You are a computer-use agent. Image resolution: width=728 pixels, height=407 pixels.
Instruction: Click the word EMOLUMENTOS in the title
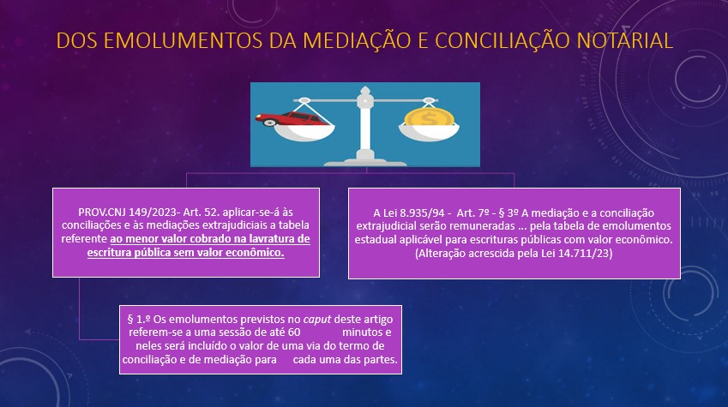(183, 41)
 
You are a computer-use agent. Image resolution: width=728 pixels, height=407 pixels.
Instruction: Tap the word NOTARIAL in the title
(623, 41)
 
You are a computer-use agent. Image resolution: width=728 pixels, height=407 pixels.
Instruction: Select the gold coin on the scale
(429, 117)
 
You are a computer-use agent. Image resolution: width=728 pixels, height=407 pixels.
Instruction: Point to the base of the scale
(365, 162)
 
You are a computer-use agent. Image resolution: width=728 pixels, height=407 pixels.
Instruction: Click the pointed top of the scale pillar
(365, 89)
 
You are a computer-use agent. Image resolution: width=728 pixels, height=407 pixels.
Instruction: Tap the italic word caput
(317, 320)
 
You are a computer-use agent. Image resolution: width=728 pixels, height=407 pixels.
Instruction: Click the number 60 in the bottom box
(294, 332)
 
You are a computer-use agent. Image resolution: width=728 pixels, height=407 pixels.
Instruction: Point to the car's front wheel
(269, 123)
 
